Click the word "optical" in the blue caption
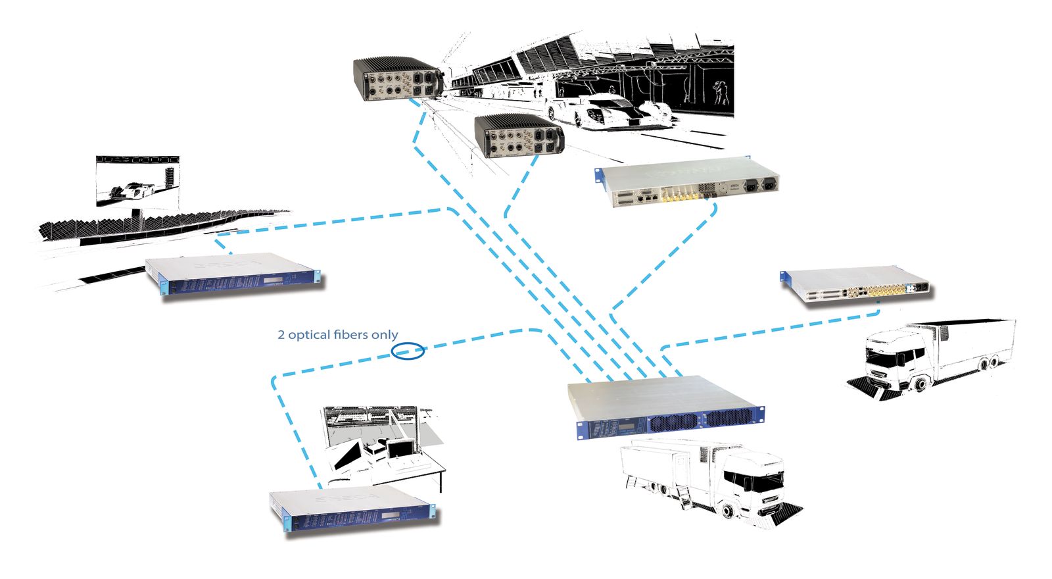click(x=308, y=335)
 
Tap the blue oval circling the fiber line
click(x=408, y=351)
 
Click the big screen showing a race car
click(x=137, y=181)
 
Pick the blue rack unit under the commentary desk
click(x=354, y=509)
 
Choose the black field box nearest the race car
click(x=519, y=136)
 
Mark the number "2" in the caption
click(x=281, y=335)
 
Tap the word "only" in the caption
click(x=385, y=335)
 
